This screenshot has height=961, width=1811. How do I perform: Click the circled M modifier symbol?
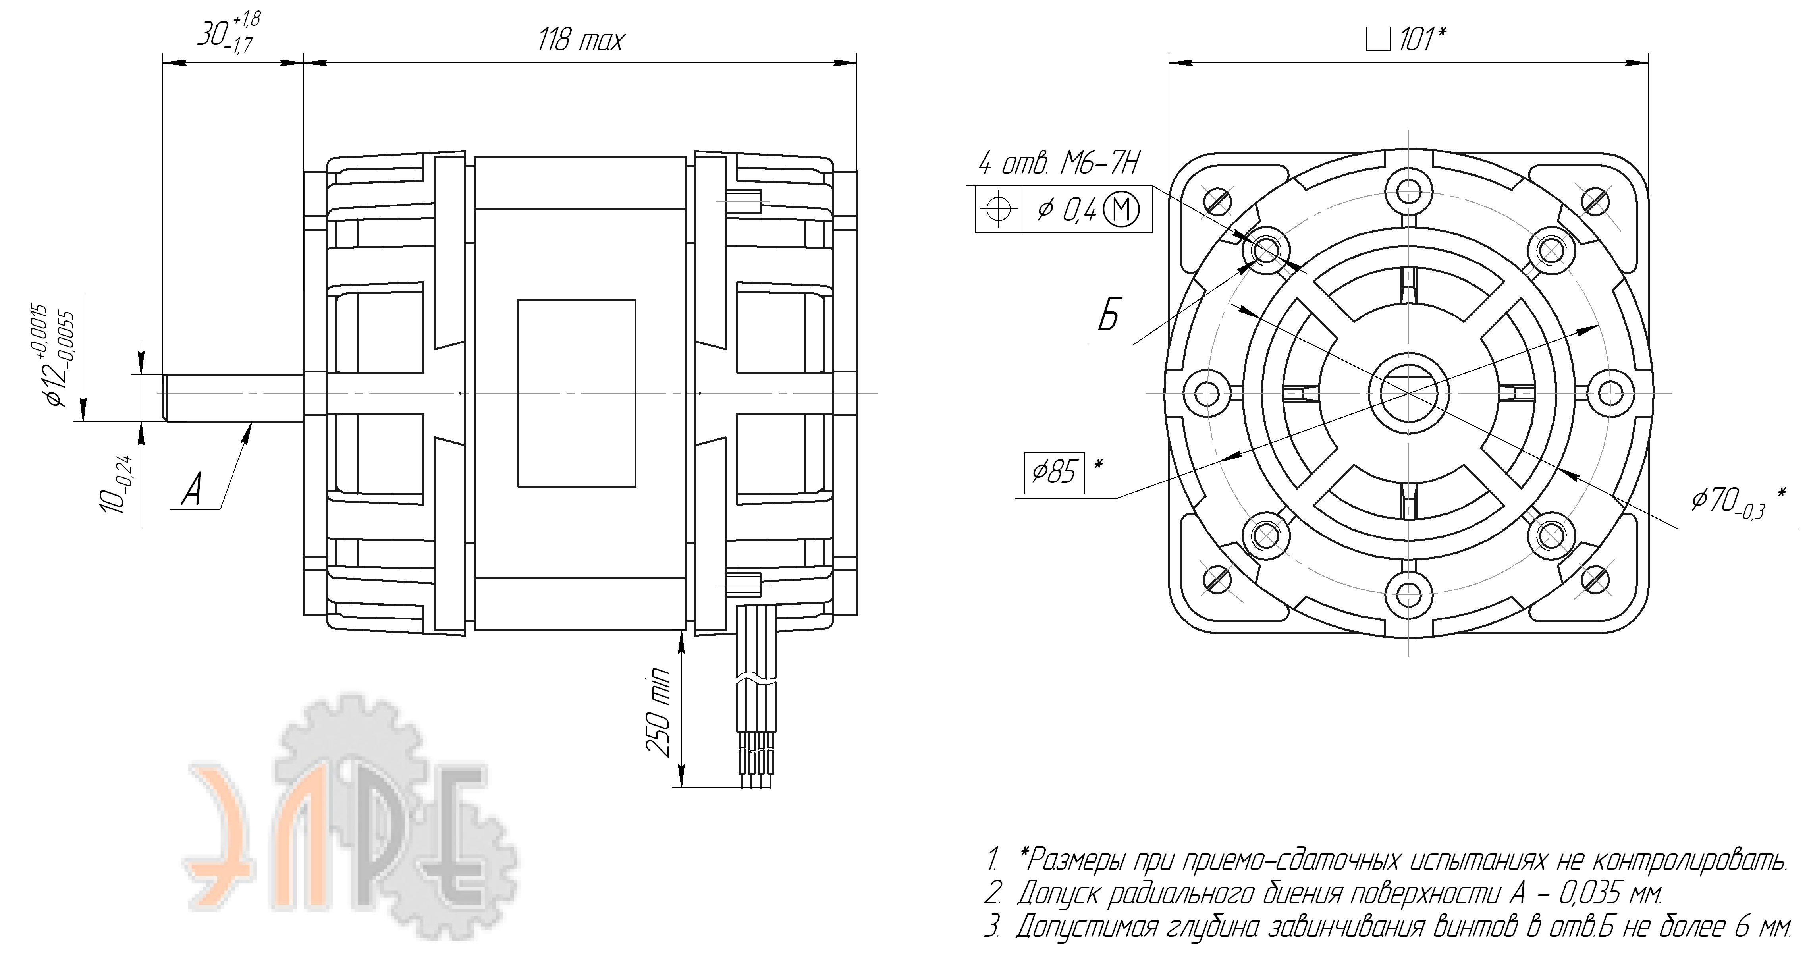click(x=1121, y=210)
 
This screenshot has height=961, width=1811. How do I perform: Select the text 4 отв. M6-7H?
click(x=1059, y=164)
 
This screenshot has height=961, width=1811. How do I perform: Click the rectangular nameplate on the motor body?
click(x=577, y=393)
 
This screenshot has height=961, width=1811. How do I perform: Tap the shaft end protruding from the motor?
click(x=232, y=398)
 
